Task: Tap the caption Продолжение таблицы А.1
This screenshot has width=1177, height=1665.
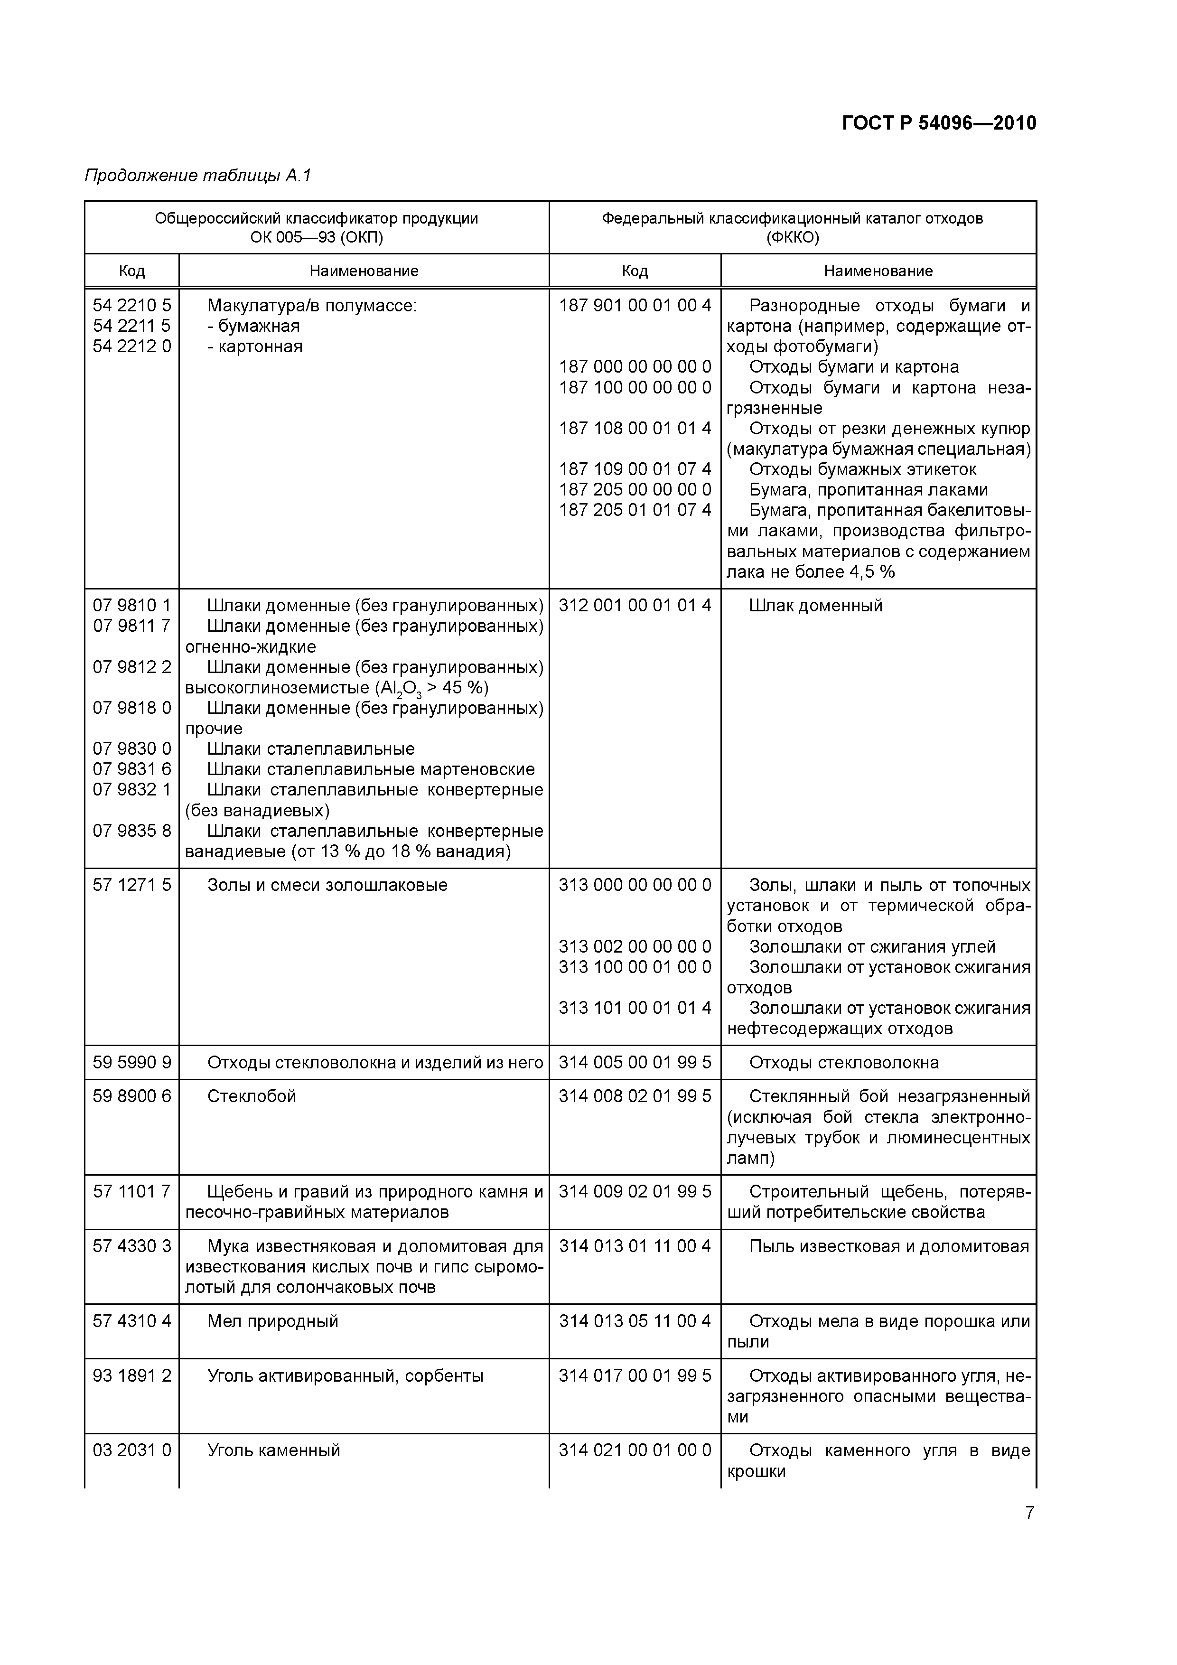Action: point(197,176)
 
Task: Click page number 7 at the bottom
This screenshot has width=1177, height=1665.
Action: point(1029,1513)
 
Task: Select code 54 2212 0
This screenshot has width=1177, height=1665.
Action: point(132,346)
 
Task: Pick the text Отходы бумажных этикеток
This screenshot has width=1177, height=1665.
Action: point(862,469)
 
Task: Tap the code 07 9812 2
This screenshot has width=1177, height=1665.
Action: point(132,667)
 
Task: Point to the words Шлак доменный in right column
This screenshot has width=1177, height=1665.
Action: point(815,606)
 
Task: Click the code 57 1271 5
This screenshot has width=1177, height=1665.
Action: point(132,886)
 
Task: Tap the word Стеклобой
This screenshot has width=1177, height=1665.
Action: point(252,1096)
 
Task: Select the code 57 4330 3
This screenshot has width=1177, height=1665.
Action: point(132,1246)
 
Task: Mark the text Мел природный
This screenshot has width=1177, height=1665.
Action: point(273,1321)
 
